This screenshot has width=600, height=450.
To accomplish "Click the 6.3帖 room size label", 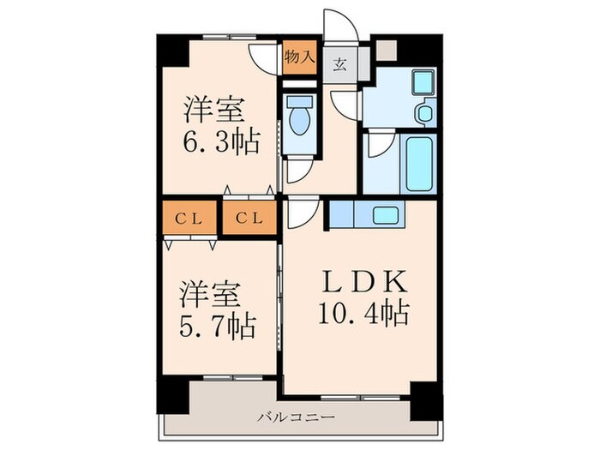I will (219, 141).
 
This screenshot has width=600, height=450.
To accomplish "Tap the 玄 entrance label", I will (340, 63).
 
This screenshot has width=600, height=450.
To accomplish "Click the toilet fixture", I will (299, 119).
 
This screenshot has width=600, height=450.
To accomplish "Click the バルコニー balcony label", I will (297, 417).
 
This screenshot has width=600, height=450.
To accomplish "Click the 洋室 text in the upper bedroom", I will (213, 111).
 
